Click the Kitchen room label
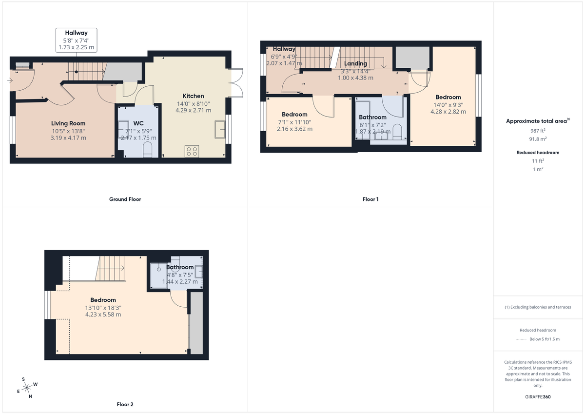pyautogui.click(x=193, y=96)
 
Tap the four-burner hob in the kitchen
pyautogui.click(x=192, y=151)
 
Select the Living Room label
pyautogui.click(x=68, y=123)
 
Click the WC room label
pyautogui.click(x=138, y=123)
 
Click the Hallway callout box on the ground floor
pyautogui.click(x=76, y=40)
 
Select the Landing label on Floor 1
pyautogui.click(x=355, y=63)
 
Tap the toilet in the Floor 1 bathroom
pyautogui.click(x=397, y=131)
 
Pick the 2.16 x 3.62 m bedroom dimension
pyautogui.click(x=294, y=129)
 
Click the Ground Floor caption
pyautogui.click(x=125, y=199)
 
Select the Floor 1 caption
pyautogui.click(x=370, y=199)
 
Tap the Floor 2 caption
pyautogui.click(x=125, y=404)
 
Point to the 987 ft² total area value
pyautogui.click(x=537, y=131)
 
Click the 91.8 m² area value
pyautogui.click(x=537, y=138)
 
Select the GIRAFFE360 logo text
pyautogui.click(x=538, y=397)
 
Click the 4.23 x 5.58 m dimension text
pyautogui.click(x=103, y=315)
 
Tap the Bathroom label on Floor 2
pyautogui.click(x=180, y=267)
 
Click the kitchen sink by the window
pyautogui.click(x=219, y=130)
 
